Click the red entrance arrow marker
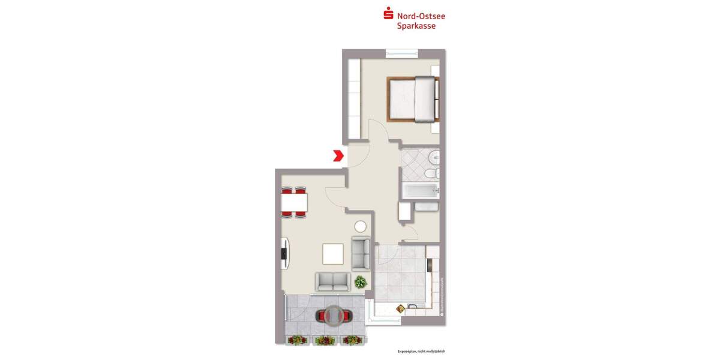click(338, 156)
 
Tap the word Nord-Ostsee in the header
click(421, 16)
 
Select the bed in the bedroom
click(412, 99)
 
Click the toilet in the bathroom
click(430, 173)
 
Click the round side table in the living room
click(360, 226)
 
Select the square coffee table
click(333, 254)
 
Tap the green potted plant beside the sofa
click(360, 281)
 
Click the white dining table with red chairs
click(294, 203)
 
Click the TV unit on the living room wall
click(286, 254)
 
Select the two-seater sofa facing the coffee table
click(332, 281)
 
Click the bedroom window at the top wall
click(402, 53)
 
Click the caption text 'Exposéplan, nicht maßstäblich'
click(421, 351)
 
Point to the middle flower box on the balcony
click(323, 340)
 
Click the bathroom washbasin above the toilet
click(434, 158)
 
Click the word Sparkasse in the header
click(416, 26)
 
